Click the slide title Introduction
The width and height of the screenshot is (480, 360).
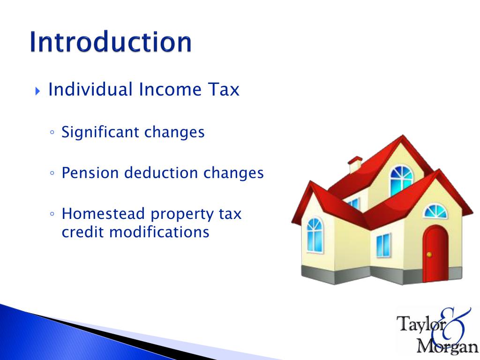[x=110, y=42]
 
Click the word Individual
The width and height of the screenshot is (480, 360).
[x=90, y=89]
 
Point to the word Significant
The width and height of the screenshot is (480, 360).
[x=101, y=133]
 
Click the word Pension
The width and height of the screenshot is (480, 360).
[x=90, y=173]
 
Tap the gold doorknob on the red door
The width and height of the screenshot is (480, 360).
[x=428, y=255]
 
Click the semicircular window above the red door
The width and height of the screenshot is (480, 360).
[x=435, y=211]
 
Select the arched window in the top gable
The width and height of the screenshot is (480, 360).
[x=402, y=181]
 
